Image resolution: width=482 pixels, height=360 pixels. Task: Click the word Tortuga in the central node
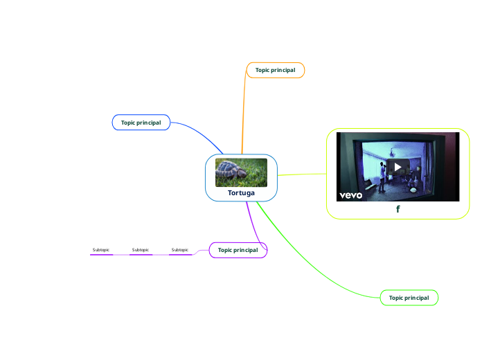(241, 192)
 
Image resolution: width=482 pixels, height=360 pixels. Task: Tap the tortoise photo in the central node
(241, 172)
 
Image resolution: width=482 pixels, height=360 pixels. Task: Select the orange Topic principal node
(275, 70)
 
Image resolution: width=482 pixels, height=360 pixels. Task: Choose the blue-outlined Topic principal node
(141, 123)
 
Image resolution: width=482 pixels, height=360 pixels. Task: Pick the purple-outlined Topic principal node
(238, 250)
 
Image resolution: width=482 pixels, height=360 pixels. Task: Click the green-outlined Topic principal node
(409, 298)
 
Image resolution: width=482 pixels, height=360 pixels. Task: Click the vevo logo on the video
(351, 195)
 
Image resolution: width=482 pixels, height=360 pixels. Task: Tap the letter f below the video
(398, 208)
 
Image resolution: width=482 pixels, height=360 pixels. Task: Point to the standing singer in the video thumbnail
(381, 176)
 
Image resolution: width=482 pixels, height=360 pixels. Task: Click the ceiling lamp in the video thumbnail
(393, 150)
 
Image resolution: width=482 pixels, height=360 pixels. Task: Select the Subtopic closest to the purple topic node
(180, 250)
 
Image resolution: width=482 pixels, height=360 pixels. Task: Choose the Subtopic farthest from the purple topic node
(101, 250)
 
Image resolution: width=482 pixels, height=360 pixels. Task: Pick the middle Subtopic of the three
(141, 250)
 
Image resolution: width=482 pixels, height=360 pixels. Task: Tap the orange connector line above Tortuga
(243, 111)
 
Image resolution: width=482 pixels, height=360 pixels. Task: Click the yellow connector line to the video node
(301, 174)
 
